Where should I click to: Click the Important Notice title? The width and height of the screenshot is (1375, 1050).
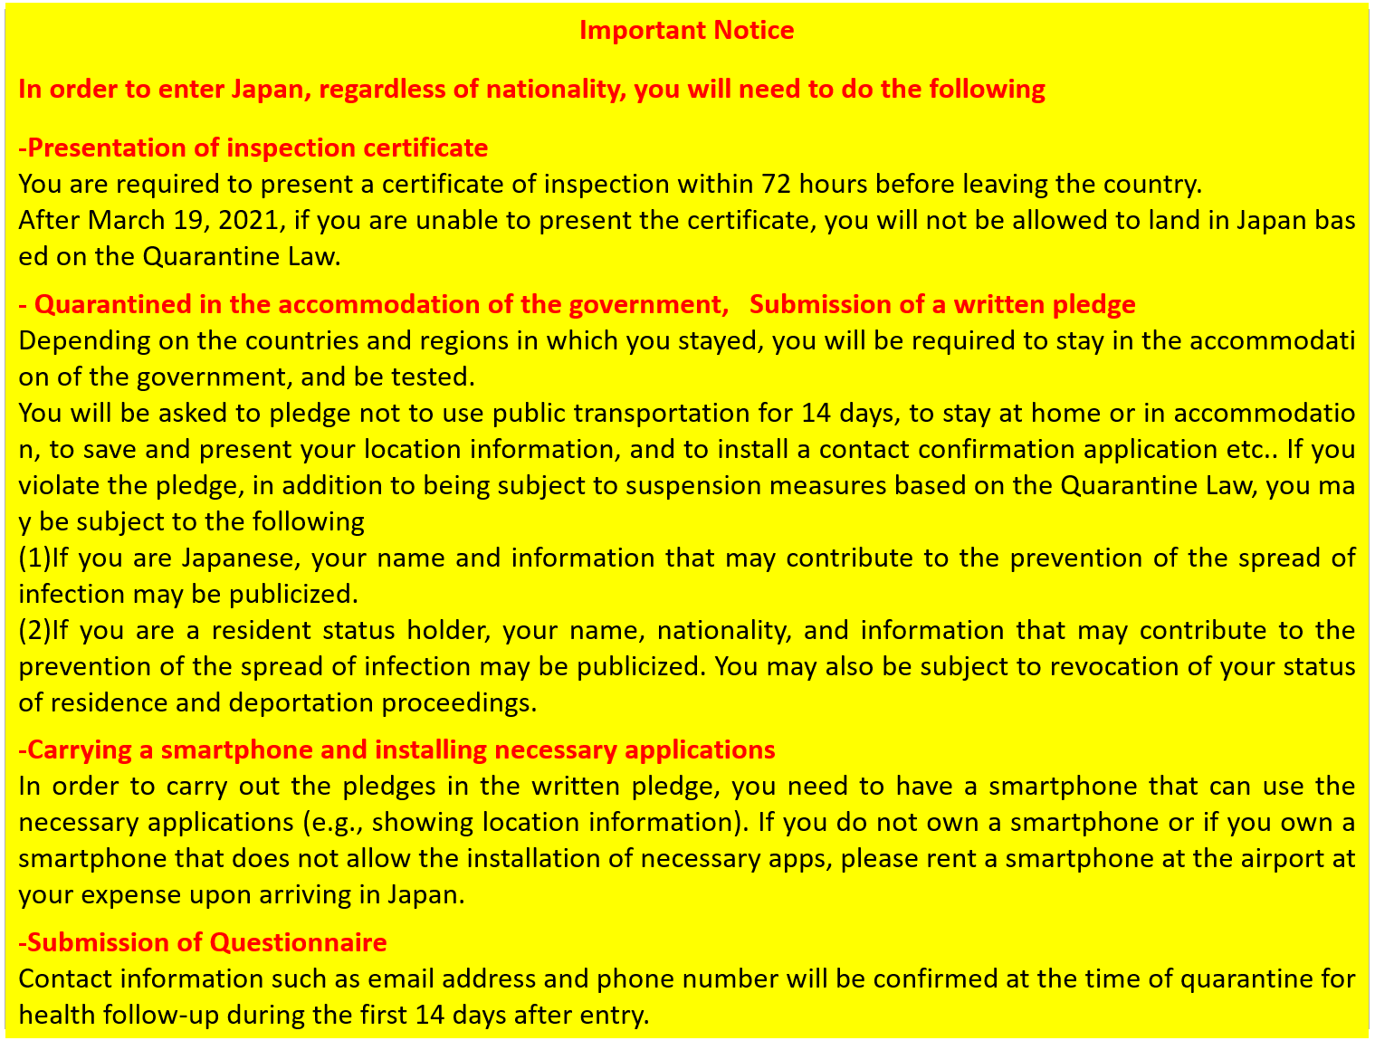coord(686,31)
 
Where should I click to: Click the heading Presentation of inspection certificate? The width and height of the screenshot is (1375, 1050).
coord(253,148)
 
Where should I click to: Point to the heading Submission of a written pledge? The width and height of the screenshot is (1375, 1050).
coord(942,304)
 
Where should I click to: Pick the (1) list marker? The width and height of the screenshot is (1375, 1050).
coord(34,558)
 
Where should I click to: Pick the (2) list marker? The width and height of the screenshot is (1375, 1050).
coord(34,630)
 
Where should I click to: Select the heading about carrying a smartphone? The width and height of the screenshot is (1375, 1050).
coord(396,749)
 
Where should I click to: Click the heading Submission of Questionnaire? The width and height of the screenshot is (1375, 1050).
coord(203,942)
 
